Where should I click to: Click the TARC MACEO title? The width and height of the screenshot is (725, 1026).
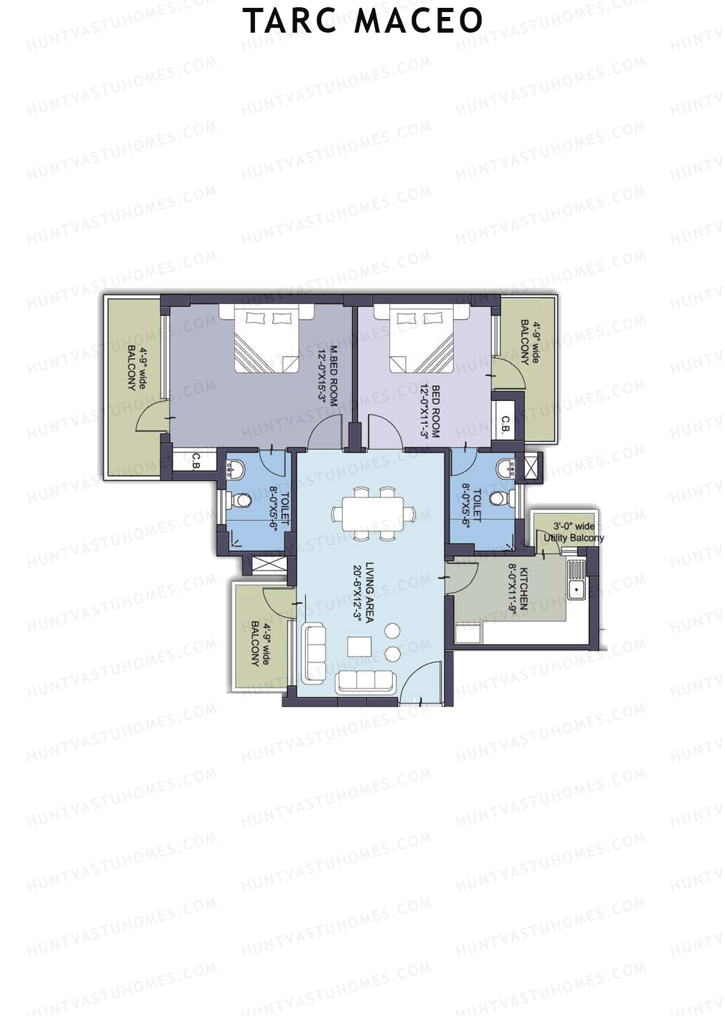click(362, 21)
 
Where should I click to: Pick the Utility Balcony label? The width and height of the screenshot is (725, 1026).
click(573, 532)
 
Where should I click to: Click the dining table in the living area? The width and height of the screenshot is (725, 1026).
click(373, 513)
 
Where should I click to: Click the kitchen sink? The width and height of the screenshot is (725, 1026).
click(576, 580)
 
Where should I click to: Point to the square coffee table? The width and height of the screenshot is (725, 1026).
click(359, 646)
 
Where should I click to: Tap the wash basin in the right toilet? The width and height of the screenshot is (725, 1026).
click(506, 468)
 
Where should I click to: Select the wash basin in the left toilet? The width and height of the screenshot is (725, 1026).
click(235, 469)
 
